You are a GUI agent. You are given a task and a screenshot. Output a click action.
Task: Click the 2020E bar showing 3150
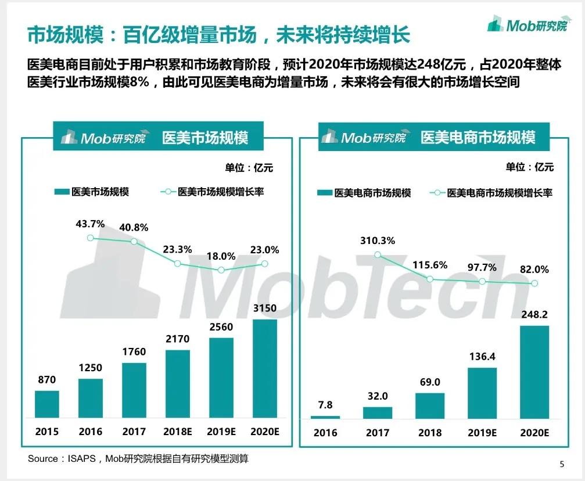click(x=265, y=368)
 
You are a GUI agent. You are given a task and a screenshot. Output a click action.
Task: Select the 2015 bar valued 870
click(x=47, y=404)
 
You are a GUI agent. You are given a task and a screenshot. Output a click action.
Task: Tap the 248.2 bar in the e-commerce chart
click(x=534, y=372)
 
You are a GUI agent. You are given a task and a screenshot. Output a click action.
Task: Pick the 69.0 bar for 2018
click(x=430, y=405)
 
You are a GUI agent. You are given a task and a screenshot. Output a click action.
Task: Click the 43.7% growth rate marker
click(x=90, y=238)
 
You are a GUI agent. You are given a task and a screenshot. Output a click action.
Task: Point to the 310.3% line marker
click(x=378, y=255)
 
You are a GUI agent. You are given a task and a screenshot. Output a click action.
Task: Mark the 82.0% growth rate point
click(x=534, y=283)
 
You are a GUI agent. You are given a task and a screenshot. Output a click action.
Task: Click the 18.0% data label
click(x=221, y=256)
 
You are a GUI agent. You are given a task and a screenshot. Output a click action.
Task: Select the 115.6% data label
click(x=430, y=265)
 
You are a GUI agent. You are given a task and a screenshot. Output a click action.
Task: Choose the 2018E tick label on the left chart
click(x=178, y=432)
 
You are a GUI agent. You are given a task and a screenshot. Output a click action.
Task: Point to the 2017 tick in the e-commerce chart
click(x=378, y=433)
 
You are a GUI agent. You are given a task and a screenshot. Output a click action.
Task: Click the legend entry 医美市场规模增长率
click(x=220, y=191)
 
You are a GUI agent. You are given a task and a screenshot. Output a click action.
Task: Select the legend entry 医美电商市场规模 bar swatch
click(x=325, y=193)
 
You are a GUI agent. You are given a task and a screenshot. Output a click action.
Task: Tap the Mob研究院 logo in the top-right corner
click(x=527, y=25)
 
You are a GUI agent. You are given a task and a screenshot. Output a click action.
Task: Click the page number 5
click(x=561, y=464)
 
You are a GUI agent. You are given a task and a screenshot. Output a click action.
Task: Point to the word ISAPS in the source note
click(x=84, y=459)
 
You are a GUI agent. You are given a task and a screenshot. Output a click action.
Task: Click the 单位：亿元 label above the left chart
click(x=249, y=168)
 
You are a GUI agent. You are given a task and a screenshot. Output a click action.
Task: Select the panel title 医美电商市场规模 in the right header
click(x=478, y=138)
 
